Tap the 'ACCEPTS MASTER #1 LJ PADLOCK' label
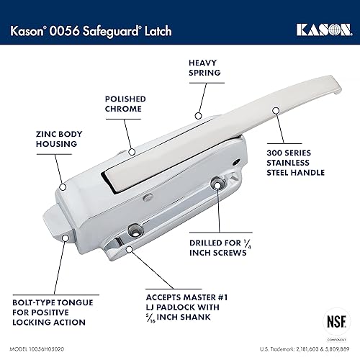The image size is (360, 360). pyautogui.click(x=184, y=306)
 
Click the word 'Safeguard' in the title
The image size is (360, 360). pyautogui.click(x=114, y=30)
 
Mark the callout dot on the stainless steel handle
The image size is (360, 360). pyautogui.click(x=275, y=112)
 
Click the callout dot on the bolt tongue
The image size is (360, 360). pyautogui.click(x=66, y=237)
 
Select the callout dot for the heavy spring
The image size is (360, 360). pyautogui.click(x=196, y=114)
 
